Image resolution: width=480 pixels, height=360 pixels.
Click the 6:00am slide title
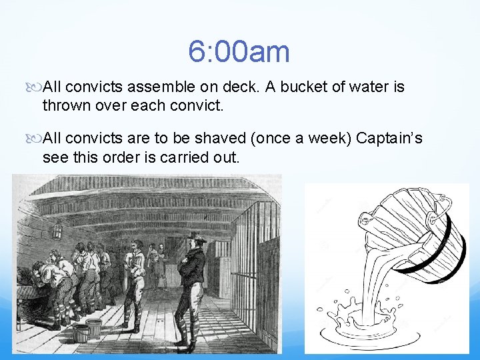(x=239, y=51)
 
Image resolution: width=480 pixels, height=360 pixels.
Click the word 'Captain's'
(x=389, y=139)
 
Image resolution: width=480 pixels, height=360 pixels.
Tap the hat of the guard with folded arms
(x=195, y=237)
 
